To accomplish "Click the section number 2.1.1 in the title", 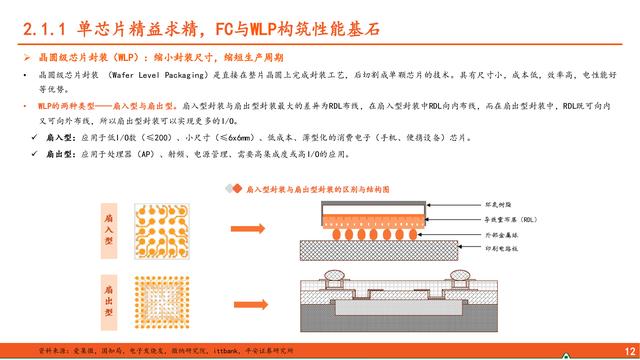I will tap(46, 23).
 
